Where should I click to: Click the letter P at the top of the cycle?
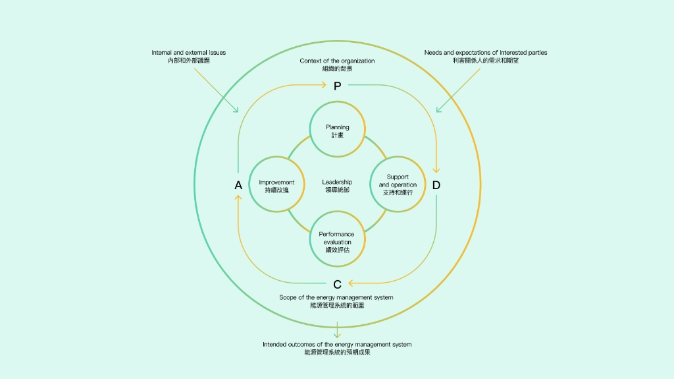(x=337, y=85)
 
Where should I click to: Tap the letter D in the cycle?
(x=436, y=185)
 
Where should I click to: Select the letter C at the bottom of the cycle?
(x=337, y=284)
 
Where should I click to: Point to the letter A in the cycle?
(x=238, y=185)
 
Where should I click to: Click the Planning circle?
(x=337, y=130)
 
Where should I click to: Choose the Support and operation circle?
(x=398, y=185)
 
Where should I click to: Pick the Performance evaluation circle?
(x=337, y=239)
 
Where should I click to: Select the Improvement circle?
(x=276, y=185)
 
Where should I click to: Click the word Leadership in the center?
(x=337, y=182)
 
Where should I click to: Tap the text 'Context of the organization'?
(x=337, y=61)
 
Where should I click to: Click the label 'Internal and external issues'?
(x=188, y=53)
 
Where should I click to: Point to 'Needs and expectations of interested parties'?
(x=485, y=53)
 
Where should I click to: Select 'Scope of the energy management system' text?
(x=336, y=297)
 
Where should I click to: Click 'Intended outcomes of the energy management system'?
(x=337, y=344)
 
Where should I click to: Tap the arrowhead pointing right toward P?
(x=323, y=84)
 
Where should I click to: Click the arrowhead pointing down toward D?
(x=436, y=170)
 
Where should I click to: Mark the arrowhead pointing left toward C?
(x=351, y=283)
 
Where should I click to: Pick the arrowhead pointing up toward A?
(x=238, y=200)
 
